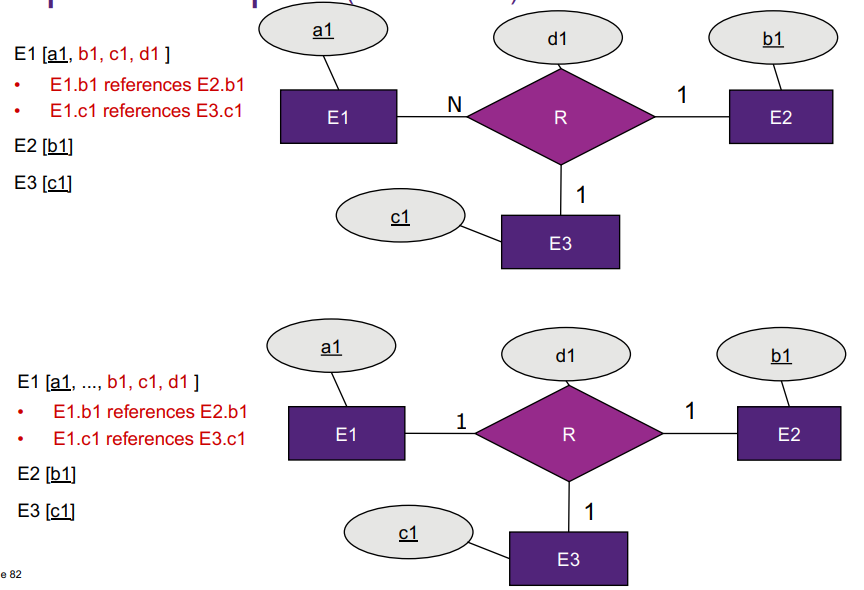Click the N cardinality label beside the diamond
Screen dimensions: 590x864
pyautogui.click(x=454, y=103)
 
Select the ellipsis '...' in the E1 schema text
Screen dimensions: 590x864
pyautogui.click(x=90, y=382)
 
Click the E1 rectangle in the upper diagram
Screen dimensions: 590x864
pyautogui.click(x=338, y=117)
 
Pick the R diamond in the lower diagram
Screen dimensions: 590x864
pyautogui.click(x=568, y=435)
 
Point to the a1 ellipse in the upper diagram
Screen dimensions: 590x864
pyautogui.click(x=322, y=32)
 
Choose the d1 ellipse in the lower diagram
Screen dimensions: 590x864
pyautogui.click(x=565, y=355)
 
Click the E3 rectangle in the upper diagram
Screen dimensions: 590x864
pyautogui.click(x=560, y=242)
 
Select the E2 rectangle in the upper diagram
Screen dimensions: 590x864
pyautogui.click(x=780, y=117)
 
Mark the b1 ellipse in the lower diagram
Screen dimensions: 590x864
pyautogui.click(x=781, y=356)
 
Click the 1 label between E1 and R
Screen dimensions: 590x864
pyautogui.click(x=461, y=421)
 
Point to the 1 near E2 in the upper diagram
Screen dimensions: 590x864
pyautogui.click(x=682, y=96)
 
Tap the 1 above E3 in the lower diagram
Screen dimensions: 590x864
pyautogui.click(x=589, y=512)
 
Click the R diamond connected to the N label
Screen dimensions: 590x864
pyautogui.click(x=560, y=117)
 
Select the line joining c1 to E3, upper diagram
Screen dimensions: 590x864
pyautogui.click(x=482, y=234)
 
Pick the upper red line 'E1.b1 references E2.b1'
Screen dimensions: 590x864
pyautogui.click(x=147, y=84)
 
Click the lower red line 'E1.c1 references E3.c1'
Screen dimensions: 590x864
pyautogui.click(x=149, y=438)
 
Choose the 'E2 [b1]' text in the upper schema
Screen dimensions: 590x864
pyautogui.click(x=44, y=146)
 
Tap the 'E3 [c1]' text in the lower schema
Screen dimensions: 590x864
pyautogui.click(x=46, y=511)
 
